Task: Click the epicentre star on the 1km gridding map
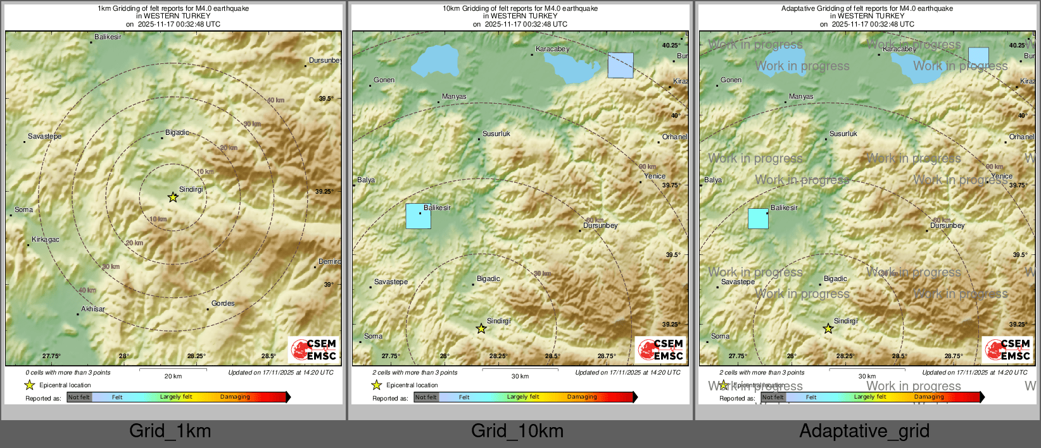click(173, 197)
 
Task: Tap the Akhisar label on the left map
click(93, 309)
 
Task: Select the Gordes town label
click(223, 304)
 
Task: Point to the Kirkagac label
click(46, 240)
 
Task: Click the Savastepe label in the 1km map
click(45, 137)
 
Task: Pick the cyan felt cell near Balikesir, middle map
click(418, 216)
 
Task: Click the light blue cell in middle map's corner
click(620, 65)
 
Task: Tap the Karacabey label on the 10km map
click(552, 49)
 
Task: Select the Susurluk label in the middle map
click(496, 134)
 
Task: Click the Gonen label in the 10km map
click(384, 80)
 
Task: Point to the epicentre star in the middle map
click(481, 329)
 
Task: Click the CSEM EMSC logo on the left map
click(314, 350)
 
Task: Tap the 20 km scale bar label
click(173, 376)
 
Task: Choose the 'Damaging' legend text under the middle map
click(582, 397)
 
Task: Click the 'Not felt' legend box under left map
click(79, 397)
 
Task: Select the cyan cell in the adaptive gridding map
click(758, 218)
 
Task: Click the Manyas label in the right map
click(801, 97)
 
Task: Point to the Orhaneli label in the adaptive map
click(1021, 137)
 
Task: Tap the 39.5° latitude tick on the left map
click(326, 99)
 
